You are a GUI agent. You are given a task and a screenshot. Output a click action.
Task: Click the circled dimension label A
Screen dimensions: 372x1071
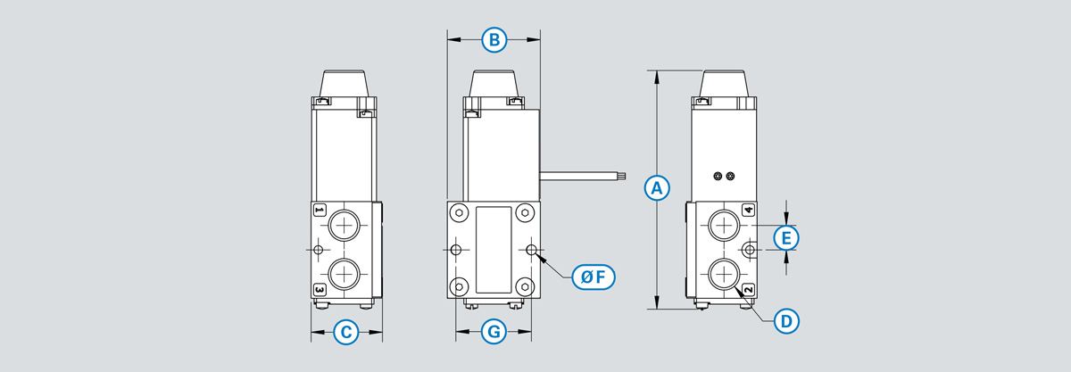pos(657,188)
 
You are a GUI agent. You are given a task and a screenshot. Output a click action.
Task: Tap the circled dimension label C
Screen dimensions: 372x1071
pos(346,334)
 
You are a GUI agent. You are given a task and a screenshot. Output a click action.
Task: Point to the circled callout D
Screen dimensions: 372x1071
pos(785,321)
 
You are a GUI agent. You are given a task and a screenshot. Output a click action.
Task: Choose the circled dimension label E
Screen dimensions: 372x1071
pos(785,238)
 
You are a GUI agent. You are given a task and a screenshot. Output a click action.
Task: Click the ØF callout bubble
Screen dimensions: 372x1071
pos(593,277)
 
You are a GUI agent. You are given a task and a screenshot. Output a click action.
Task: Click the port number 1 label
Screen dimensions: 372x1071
pos(320,211)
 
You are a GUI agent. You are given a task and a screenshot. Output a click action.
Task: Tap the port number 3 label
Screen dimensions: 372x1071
pos(320,289)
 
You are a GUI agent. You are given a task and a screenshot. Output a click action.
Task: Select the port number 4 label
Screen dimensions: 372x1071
pos(748,211)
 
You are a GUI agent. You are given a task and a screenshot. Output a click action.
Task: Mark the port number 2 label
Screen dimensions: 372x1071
pos(748,290)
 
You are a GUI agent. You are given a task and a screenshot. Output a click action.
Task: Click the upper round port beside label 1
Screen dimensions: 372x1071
pos(343,224)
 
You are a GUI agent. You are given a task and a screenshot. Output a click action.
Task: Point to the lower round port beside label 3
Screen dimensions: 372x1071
pos(343,274)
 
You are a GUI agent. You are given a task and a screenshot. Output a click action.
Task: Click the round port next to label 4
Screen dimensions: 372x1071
pos(722,224)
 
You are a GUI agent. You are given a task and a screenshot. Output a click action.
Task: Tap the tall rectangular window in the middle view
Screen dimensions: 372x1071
pos(494,250)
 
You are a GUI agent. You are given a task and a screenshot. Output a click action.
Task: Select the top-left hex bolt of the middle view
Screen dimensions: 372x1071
pos(459,213)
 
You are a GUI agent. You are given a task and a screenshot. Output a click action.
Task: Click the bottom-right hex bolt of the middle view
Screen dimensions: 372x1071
pos(527,286)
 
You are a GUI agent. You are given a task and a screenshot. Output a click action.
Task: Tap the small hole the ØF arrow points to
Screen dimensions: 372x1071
pos(533,250)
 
